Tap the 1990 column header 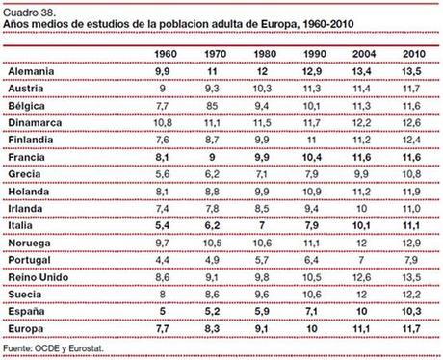[310, 54]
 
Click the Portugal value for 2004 [360, 261]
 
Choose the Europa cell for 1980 [259, 329]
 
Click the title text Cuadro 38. [30, 9]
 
